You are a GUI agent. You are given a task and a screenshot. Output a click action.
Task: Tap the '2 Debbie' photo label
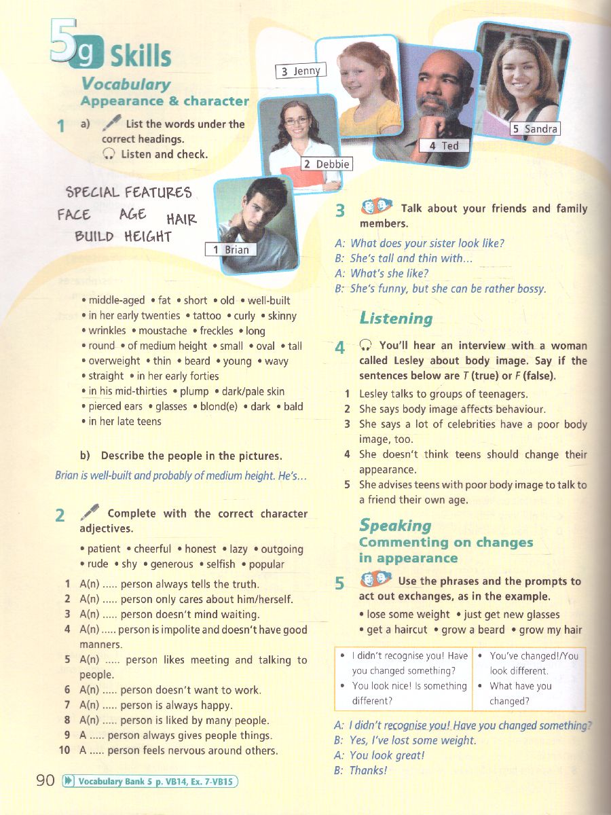point(327,164)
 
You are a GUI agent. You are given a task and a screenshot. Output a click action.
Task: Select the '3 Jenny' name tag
point(301,71)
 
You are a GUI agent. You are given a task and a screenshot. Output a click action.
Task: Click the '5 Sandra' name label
point(535,128)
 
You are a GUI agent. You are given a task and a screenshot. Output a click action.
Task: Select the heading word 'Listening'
point(396,318)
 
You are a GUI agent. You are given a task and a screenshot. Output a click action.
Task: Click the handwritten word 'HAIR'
point(181,219)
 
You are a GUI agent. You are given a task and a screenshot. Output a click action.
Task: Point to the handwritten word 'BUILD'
point(94,237)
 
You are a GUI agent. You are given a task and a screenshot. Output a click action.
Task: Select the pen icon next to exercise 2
point(90,511)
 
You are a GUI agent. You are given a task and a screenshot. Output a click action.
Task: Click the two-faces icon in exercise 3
point(375,206)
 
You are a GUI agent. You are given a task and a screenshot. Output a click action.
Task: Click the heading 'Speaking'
point(395,525)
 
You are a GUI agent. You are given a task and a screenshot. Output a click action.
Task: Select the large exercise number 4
point(340,348)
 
